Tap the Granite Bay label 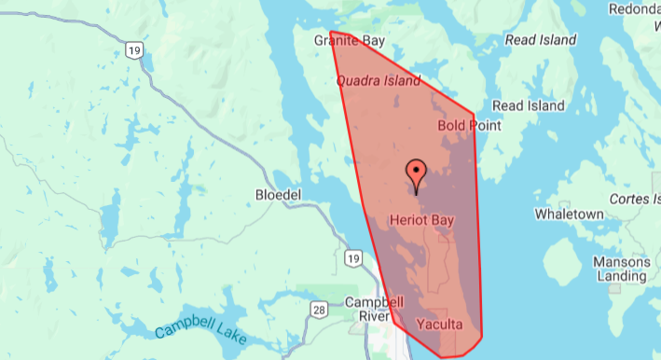(x=350, y=42)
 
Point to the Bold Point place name (x=469, y=125)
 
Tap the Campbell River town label (x=374, y=310)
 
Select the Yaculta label (x=439, y=325)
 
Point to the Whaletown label (x=570, y=214)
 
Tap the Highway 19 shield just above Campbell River (x=351, y=258)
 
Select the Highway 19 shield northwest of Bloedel (x=136, y=48)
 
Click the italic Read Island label (x=540, y=41)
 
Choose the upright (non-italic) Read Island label (x=528, y=105)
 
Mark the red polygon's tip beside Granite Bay (x=331, y=31)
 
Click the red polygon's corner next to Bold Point (x=475, y=115)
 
